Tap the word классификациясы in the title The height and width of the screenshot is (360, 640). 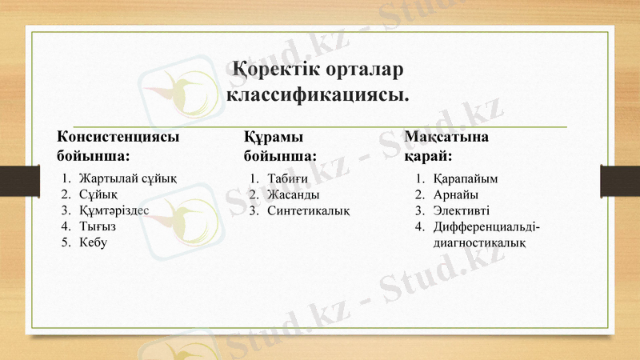click(319, 95)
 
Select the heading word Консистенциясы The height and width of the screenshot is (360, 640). click(118, 136)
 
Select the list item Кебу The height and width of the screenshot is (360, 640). click(93, 242)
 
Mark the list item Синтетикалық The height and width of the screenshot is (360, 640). click(309, 210)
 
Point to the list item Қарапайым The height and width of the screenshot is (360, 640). click(466, 178)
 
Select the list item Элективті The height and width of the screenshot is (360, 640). click(461, 210)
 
